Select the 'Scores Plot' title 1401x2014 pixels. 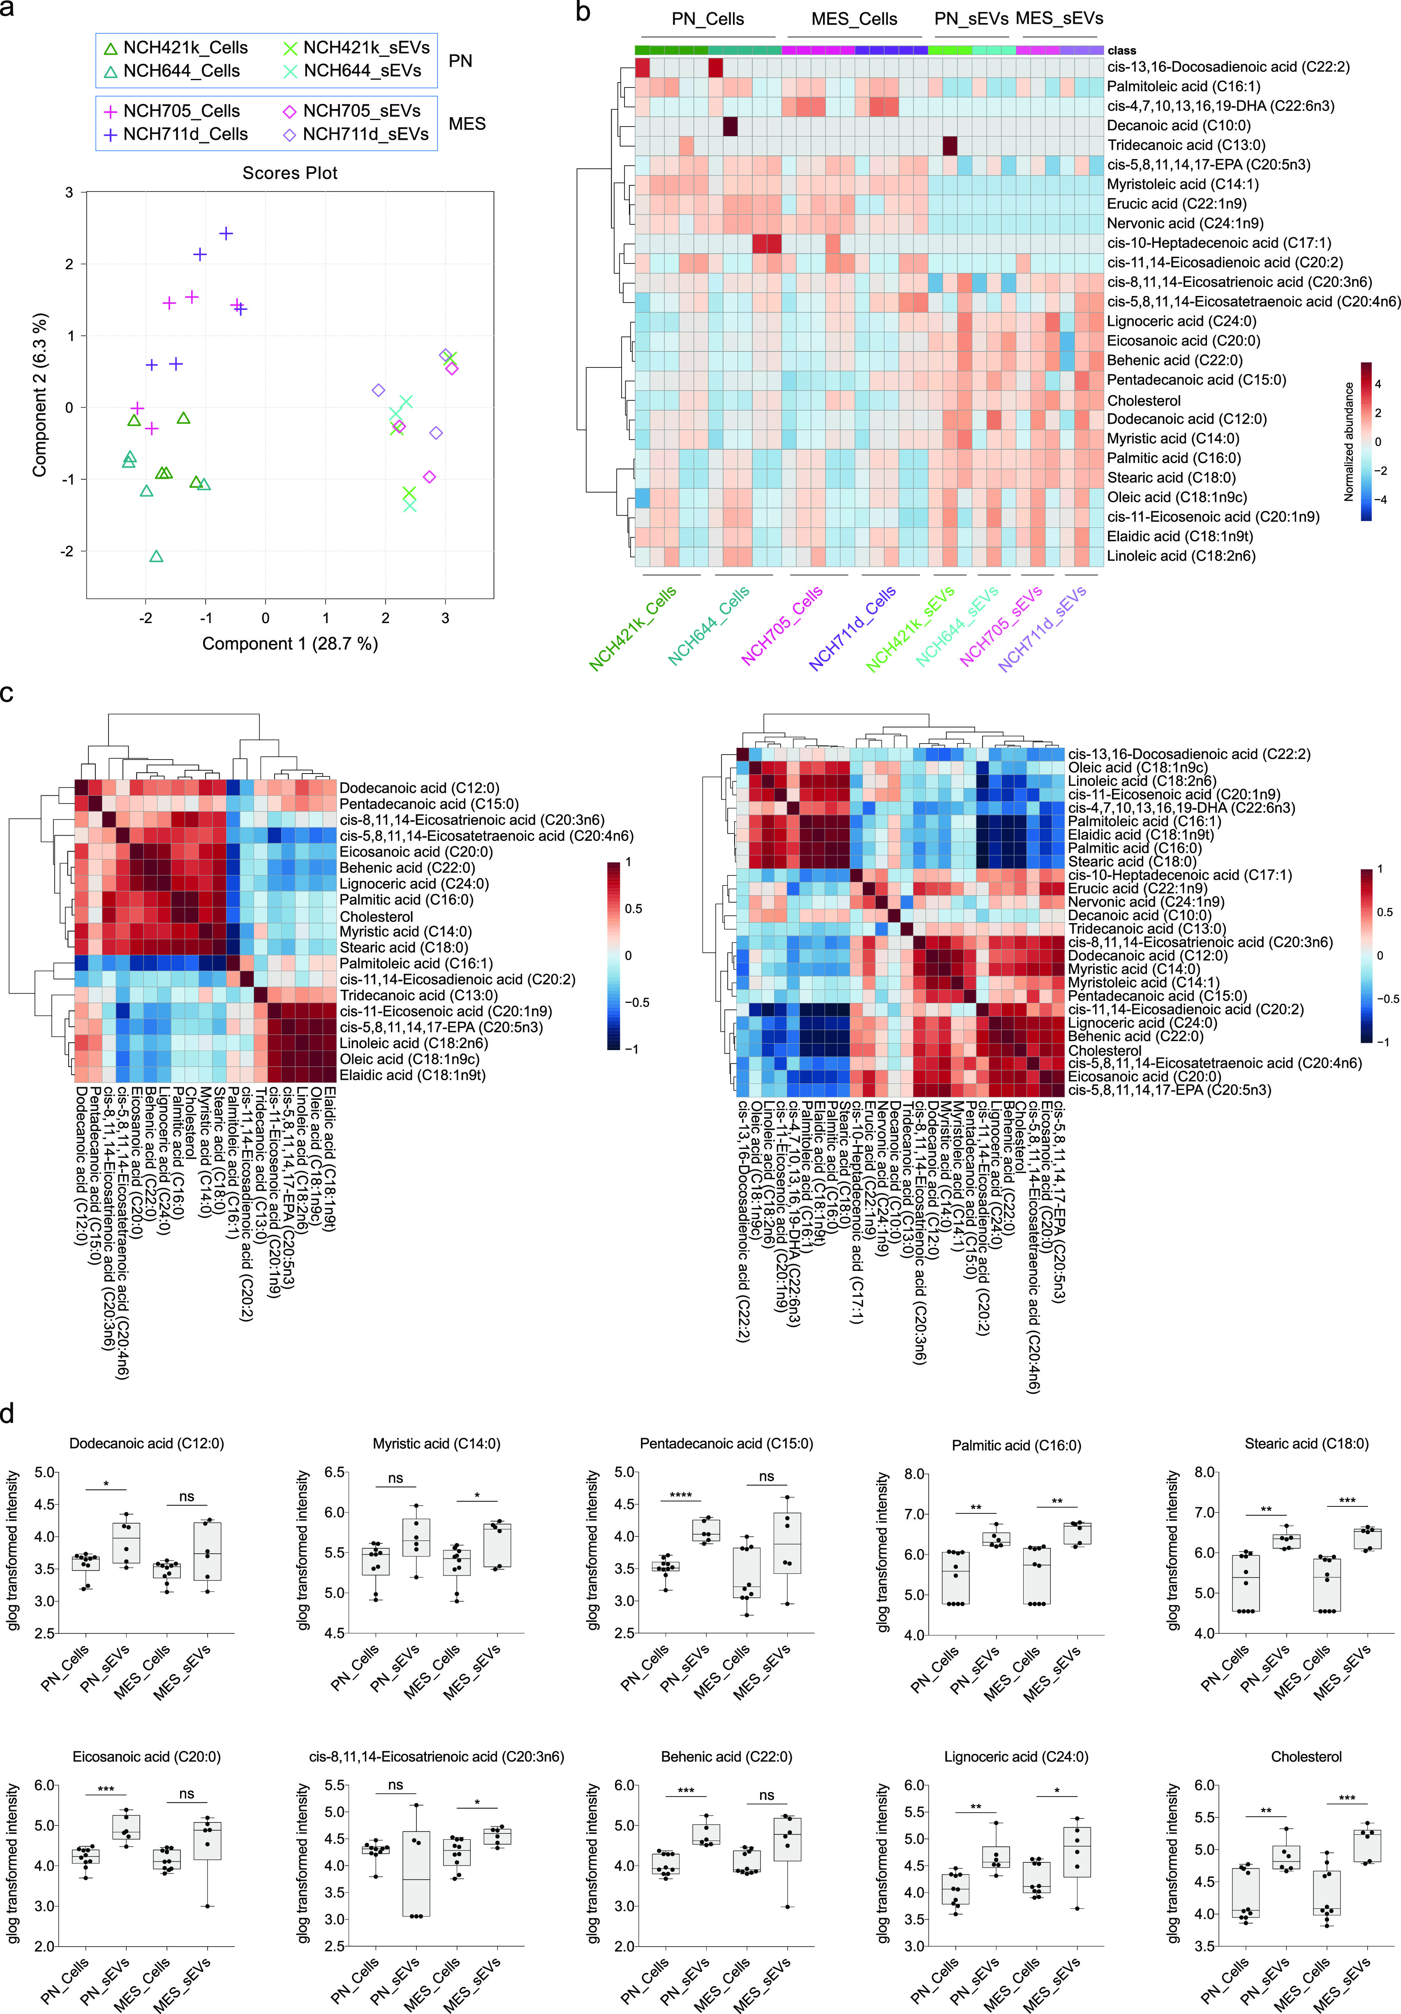point(289,173)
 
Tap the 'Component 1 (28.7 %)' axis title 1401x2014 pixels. point(289,644)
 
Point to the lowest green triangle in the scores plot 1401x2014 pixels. point(156,556)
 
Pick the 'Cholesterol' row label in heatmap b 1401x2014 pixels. point(1143,400)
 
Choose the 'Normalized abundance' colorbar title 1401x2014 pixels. point(1348,441)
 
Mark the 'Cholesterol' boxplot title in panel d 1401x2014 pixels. point(1305,1757)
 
